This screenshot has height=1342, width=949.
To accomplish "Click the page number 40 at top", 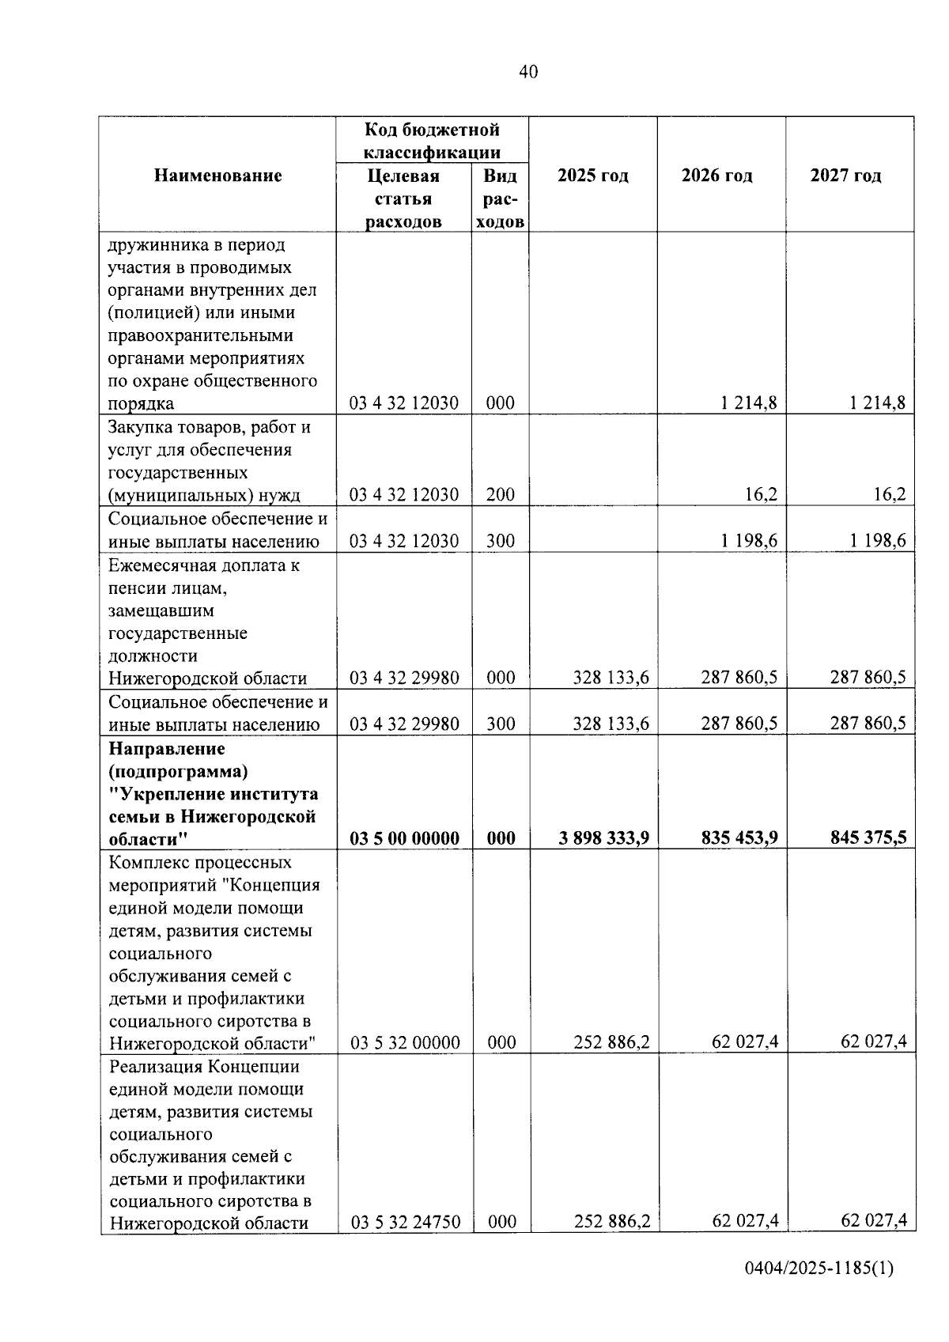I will tap(528, 73).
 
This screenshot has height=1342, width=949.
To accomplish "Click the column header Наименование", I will tap(217, 176).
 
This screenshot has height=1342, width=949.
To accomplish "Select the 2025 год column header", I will tap(592, 176).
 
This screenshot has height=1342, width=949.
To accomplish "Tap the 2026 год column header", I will tap(716, 176).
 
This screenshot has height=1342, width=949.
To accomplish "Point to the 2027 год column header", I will tap(845, 176).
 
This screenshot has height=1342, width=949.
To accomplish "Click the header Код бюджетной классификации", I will tap(432, 141).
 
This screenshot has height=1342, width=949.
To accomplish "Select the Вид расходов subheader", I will tap(500, 198).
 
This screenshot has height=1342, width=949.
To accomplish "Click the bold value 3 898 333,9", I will tap(603, 838).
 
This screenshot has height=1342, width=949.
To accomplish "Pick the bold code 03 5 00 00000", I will tap(404, 838).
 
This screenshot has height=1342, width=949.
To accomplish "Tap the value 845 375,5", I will tap(868, 838).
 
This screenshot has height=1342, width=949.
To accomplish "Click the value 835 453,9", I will tap(739, 838).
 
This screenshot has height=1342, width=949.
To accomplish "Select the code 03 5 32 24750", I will tap(405, 1223).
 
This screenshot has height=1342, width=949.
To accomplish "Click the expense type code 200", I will tap(500, 495).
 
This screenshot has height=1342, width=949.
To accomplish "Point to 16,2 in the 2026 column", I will tap(762, 495).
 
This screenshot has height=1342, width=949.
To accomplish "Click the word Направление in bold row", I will tap(166, 748).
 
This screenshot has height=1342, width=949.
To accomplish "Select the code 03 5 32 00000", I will tap(405, 1043).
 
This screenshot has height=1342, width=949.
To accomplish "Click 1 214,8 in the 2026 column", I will tap(748, 403).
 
